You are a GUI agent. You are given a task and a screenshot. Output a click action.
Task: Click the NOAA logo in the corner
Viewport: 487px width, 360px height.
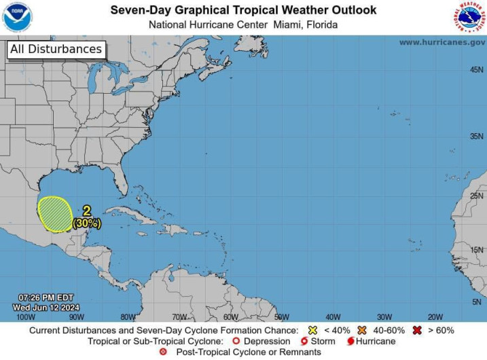(18, 18)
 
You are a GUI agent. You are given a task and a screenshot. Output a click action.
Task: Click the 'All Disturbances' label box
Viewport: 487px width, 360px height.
(56, 49)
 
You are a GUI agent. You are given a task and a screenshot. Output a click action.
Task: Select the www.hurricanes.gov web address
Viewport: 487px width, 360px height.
(442, 42)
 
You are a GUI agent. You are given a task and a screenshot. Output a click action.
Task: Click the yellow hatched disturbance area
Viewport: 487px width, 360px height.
(54, 213)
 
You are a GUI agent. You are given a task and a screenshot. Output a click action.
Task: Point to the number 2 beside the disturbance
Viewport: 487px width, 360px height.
(86, 211)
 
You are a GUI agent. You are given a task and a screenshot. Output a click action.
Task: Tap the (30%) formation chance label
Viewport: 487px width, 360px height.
(87, 222)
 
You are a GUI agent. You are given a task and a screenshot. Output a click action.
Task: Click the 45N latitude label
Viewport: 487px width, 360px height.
(477, 70)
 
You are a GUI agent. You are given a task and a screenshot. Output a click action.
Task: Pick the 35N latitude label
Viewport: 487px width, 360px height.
(477, 136)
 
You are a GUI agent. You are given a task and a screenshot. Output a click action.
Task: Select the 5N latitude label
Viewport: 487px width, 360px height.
(477, 302)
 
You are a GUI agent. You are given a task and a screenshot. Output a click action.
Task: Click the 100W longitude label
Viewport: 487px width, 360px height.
(25, 317)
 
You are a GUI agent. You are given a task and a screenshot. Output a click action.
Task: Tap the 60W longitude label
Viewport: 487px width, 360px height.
(230, 317)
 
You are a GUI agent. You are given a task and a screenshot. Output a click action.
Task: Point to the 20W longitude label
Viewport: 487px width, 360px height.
(435, 317)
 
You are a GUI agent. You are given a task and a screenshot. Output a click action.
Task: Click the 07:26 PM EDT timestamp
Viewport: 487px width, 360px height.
(46, 298)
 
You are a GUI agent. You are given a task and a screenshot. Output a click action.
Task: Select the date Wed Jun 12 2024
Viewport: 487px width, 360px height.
(46, 307)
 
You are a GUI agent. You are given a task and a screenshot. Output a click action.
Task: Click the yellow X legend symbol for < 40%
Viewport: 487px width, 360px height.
(312, 330)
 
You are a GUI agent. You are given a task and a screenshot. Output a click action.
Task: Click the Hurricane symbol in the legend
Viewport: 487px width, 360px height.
(350, 341)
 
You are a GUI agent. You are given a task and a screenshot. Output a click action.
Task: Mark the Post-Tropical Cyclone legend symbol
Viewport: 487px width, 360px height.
(163, 352)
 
